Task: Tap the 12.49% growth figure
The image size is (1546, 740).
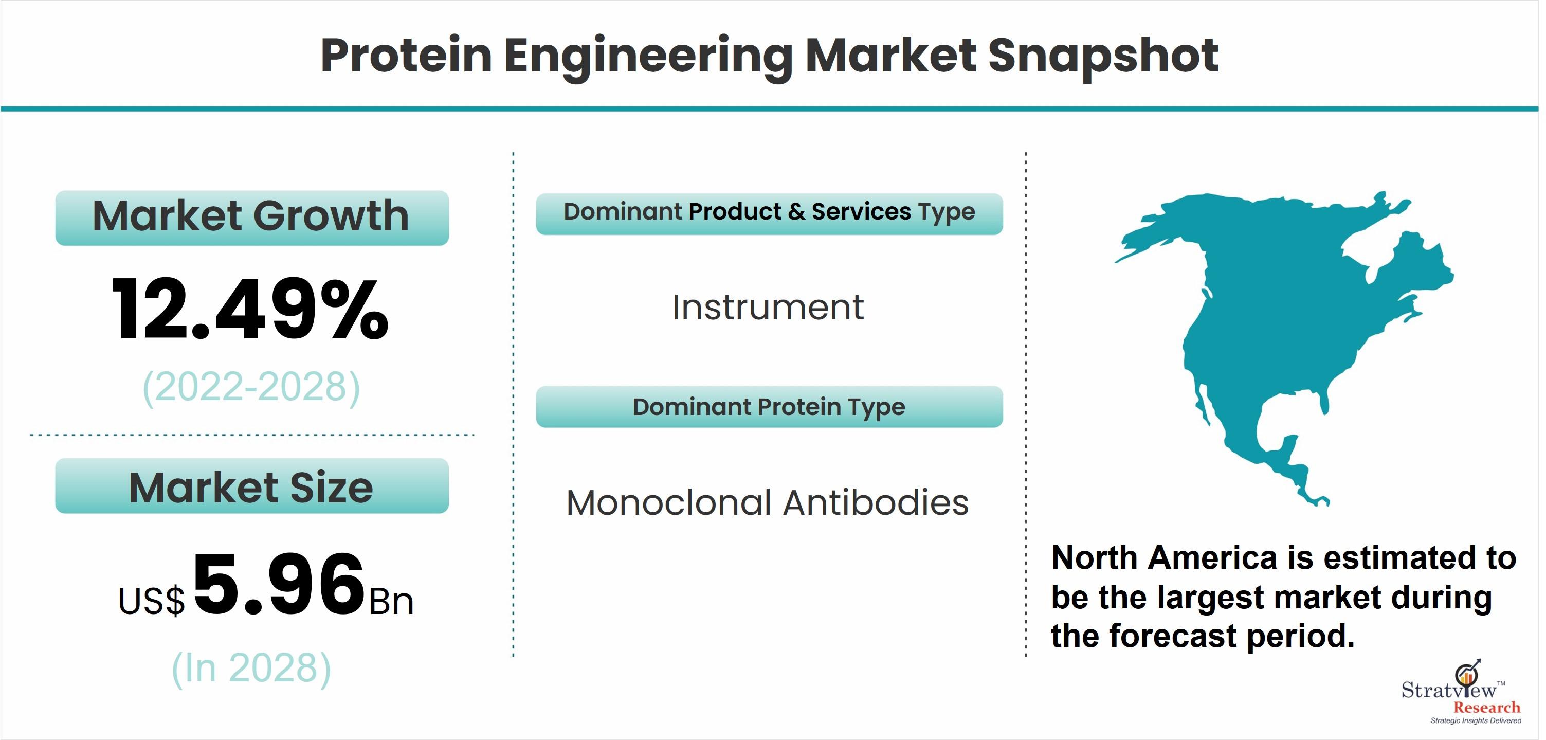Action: click(250, 310)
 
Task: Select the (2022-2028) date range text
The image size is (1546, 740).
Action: click(251, 387)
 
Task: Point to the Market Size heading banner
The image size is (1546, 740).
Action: click(252, 485)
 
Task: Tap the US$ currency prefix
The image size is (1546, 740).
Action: click(152, 601)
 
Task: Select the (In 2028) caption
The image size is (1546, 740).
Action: click(251, 668)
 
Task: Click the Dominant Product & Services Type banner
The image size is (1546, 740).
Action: click(769, 213)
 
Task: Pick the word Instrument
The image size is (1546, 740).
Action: click(768, 308)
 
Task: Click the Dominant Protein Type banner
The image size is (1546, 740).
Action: click(769, 407)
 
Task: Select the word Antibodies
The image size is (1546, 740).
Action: click(876, 502)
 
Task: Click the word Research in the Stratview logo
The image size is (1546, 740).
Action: click(1486, 708)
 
